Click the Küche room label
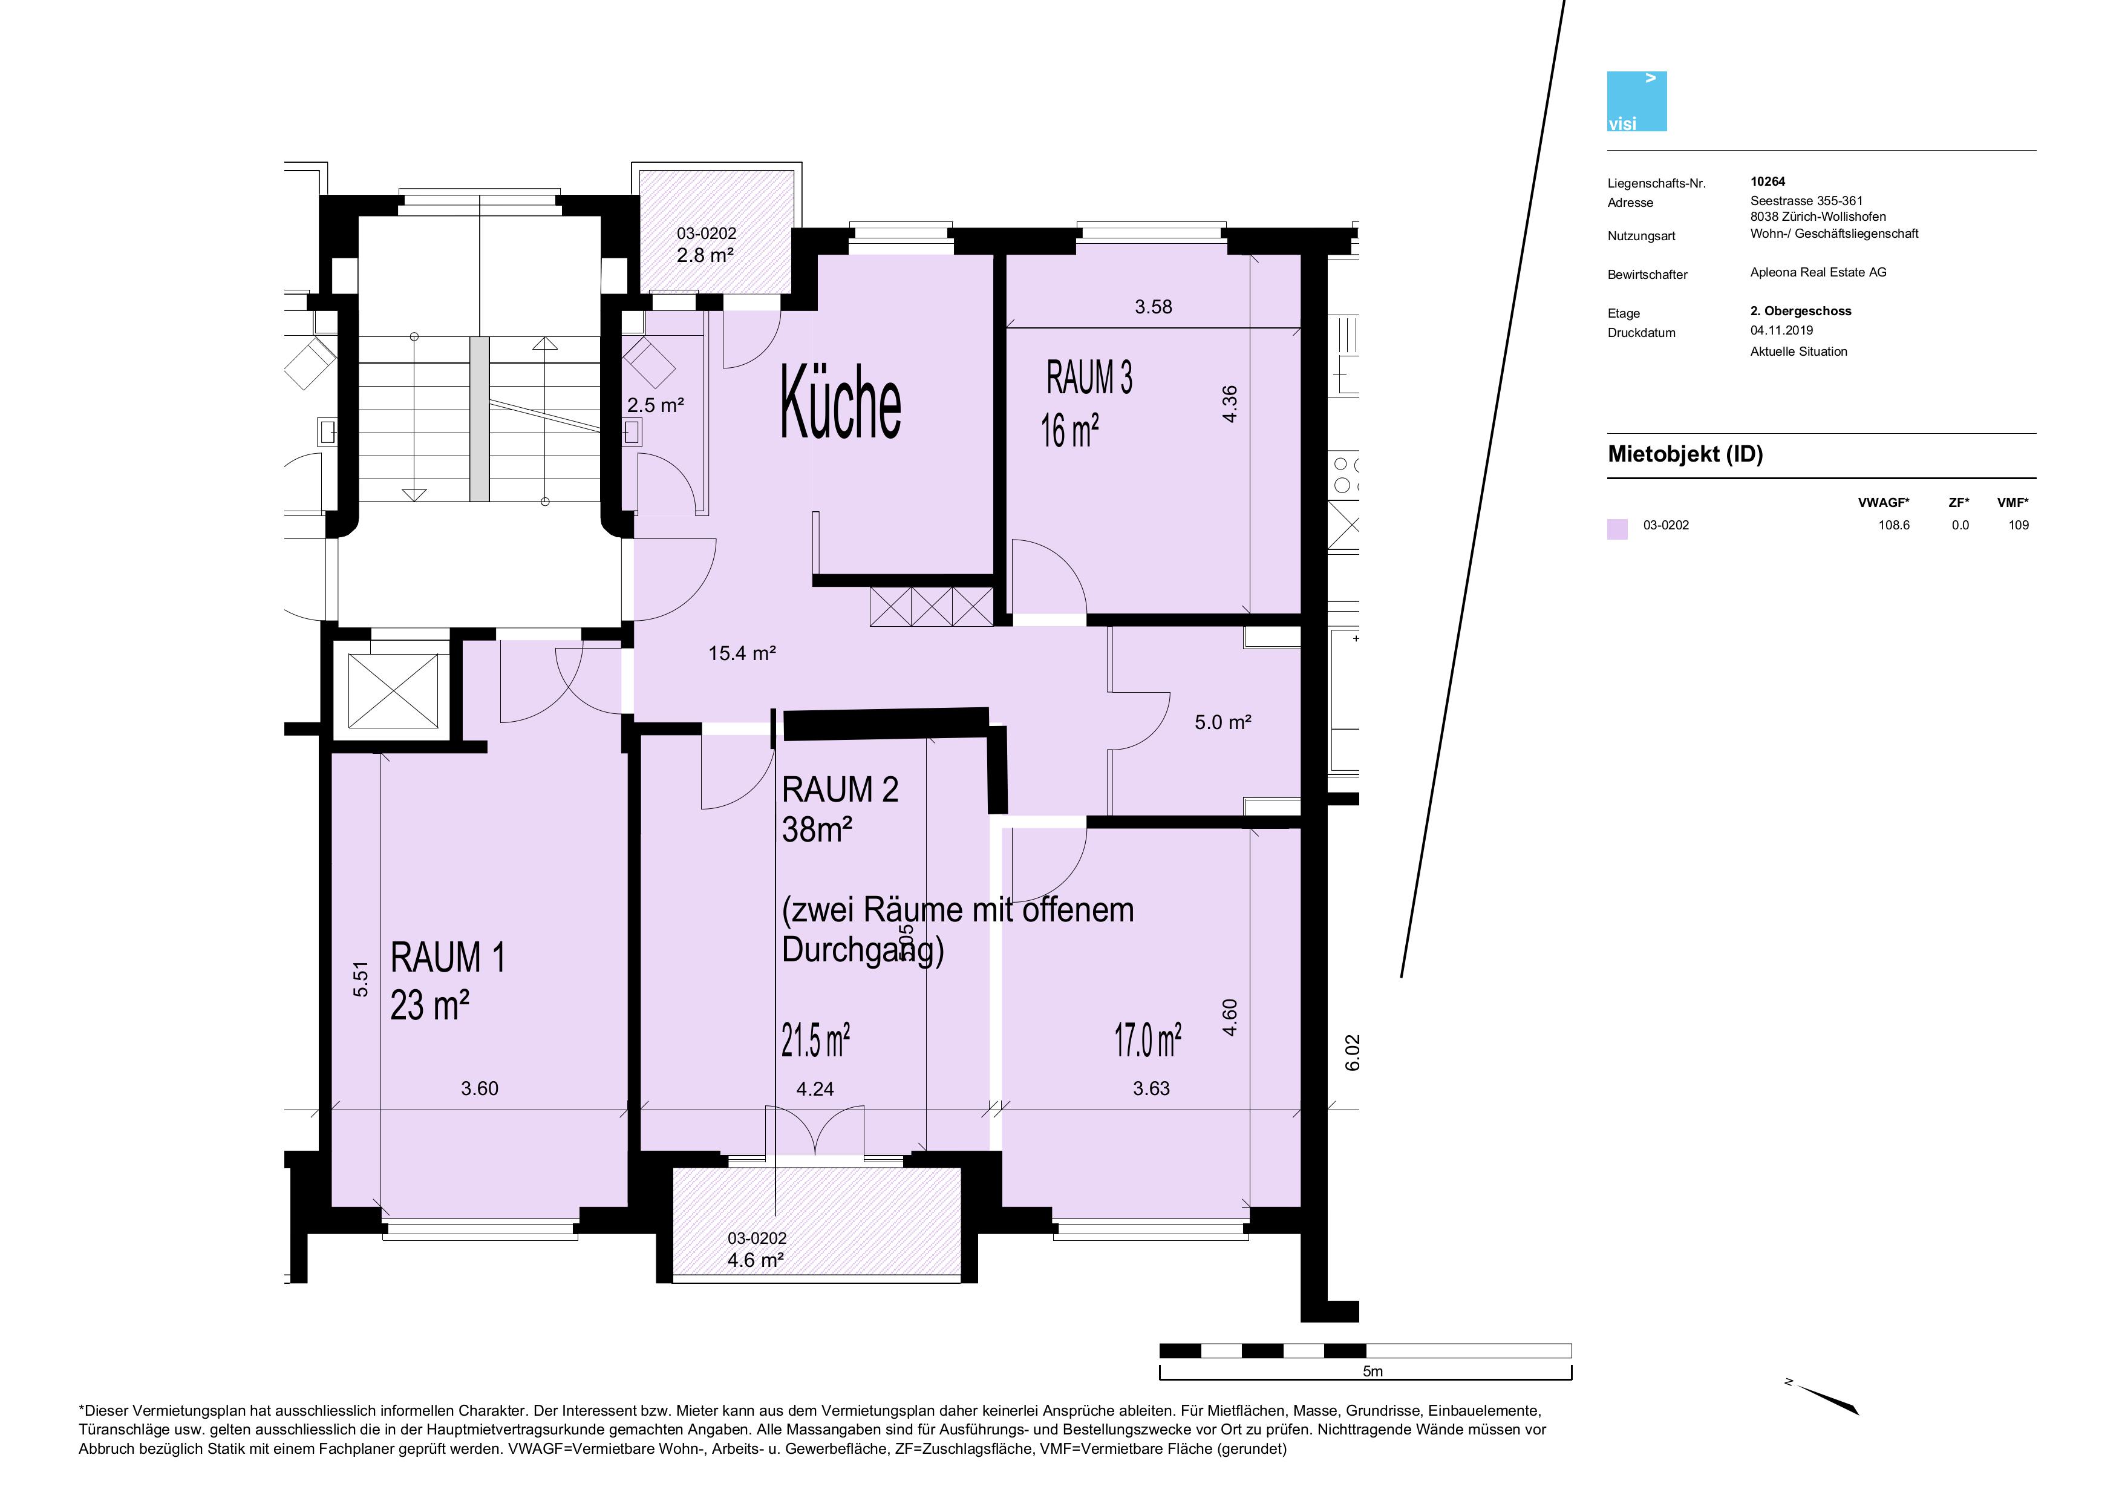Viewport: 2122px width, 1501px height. coord(840,403)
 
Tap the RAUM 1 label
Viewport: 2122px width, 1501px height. coord(448,958)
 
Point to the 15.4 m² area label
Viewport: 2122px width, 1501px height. coord(742,653)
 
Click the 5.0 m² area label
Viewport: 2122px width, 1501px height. coord(1223,722)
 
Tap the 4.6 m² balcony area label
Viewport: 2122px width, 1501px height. coord(756,1260)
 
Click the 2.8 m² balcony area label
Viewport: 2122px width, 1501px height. coord(705,254)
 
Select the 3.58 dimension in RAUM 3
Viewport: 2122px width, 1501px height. coord(1154,307)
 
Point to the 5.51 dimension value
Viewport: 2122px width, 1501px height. coord(361,979)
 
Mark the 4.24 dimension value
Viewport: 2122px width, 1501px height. coord(815,1089)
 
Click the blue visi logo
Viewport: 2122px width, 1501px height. coord(1637,101)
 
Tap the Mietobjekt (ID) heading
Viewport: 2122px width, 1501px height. coord(1685,454)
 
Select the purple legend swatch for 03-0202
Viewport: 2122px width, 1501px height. coord(1618,529)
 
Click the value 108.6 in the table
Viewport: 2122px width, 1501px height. coord(1894,525)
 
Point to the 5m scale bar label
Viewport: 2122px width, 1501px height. coord(1373,1372)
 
